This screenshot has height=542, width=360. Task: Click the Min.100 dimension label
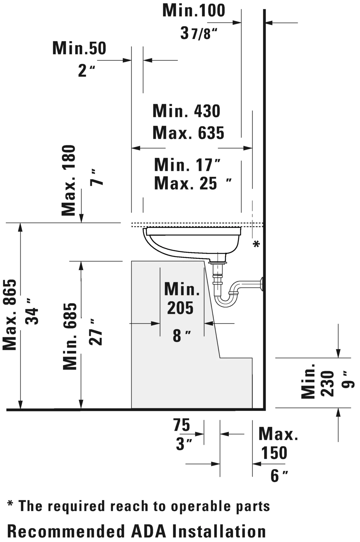pos(194,11)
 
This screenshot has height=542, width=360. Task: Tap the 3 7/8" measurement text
pos(199,34)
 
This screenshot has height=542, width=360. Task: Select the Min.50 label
pos(79,48)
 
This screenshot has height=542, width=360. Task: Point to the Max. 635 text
pos(188,133)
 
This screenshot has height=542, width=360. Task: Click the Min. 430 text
pos(187,111)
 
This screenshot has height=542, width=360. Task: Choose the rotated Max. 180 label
pos(69,180)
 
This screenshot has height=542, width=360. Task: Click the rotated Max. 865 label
pos(10,315)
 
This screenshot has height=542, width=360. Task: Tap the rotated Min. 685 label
pos(70,336)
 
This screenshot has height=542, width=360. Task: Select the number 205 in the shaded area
pos(180,308)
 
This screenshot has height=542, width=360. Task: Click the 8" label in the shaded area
pos(182,336)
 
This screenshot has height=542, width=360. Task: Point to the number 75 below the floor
pos(181,425)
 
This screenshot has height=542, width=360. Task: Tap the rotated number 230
pos(327,384)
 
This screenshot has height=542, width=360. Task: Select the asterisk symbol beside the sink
pos(257,244)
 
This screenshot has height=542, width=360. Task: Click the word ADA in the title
pos(149,531)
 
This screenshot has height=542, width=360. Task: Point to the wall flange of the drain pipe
pos(262,284)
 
